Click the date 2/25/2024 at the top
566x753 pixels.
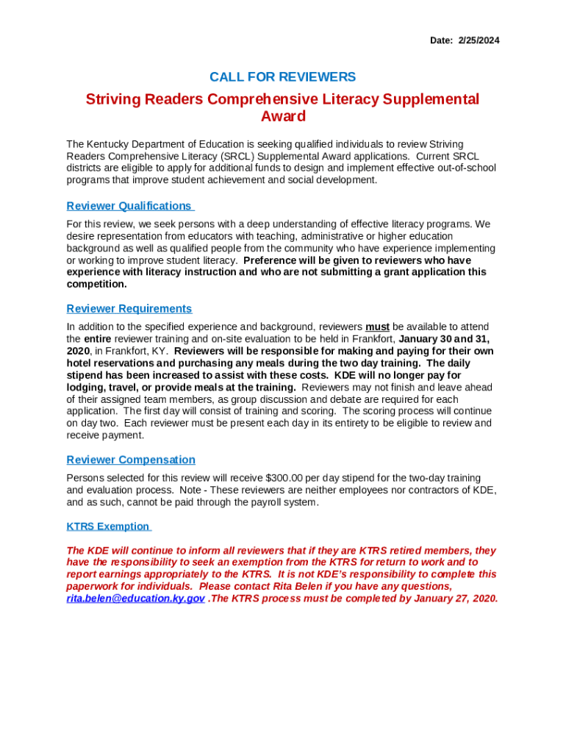pos(479,40)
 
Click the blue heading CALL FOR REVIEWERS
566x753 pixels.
pos(282,77)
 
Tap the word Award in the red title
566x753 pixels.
pos(283,116)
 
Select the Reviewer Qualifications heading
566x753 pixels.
pos(129,206)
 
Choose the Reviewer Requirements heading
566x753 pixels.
pos(129,309)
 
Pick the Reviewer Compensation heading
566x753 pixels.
pos(131,460)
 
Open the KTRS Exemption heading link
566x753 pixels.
pos(108,527)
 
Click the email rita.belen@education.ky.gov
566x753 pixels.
pos(135,599)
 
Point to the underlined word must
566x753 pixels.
pos(377,326)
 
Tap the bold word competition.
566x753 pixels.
pos(96,284)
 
